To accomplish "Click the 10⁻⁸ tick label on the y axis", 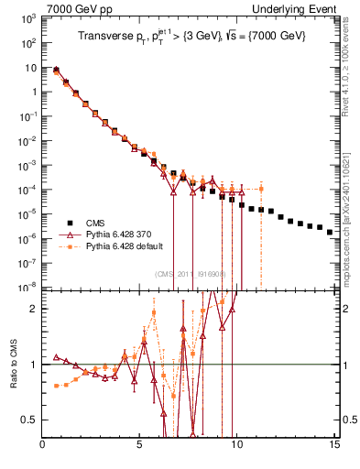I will [x=28, y=287].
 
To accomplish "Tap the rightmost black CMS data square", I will [x=329, y=232].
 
